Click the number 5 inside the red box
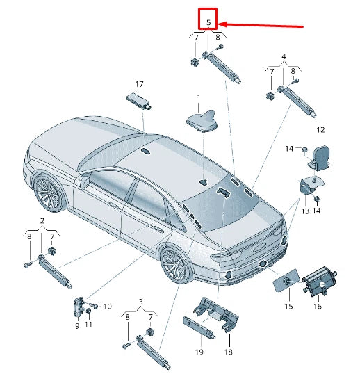coord(208,22)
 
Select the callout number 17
coord(139,85)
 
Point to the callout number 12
coord(320,130)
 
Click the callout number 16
coord(317,305)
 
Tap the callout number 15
coord(288,305)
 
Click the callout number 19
coord(198,353)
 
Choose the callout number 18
coord(228,353)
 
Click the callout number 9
coord(77,325)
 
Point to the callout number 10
coord(106,306)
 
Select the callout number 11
coord(88,325)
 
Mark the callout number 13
coord(304,211)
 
